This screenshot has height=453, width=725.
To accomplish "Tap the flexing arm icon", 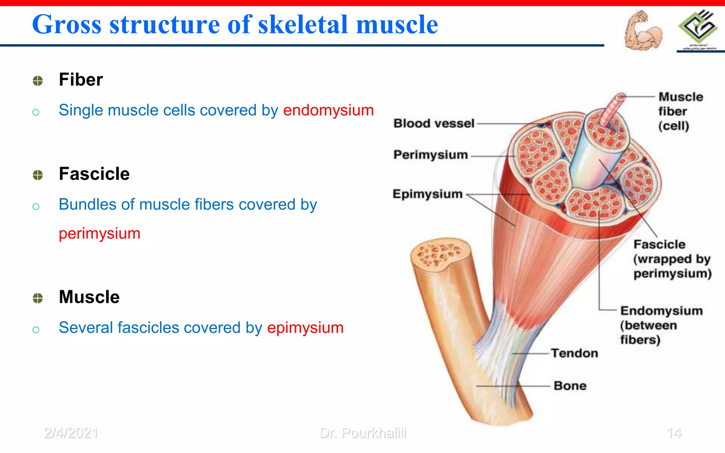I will click(643, 30).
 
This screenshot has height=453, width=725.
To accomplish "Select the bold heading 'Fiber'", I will click(81, 79).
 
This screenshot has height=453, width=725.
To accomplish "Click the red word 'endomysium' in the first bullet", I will click(328, 110).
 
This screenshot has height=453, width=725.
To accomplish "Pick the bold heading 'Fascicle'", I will click(94, 174).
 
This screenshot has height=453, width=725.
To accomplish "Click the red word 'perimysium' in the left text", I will click(99, 234).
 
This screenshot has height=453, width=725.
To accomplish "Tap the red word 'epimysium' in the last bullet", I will click(305, 327).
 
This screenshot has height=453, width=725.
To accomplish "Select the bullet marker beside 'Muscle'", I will click(38, 298).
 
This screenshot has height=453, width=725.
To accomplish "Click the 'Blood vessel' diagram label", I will click(434, 124).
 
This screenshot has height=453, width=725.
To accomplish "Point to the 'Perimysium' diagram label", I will click(430, 155).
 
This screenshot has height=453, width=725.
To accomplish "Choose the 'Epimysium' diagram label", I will click(428, 194).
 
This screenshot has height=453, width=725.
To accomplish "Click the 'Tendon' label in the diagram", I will click(574, 353).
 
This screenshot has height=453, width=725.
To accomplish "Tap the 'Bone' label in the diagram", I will click(570, 386).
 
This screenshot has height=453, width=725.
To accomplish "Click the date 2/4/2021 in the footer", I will click(71, 433).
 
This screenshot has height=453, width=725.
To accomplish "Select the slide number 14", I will click(674, 433).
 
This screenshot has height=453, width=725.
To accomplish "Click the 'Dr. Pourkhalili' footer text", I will click(363, 433).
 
